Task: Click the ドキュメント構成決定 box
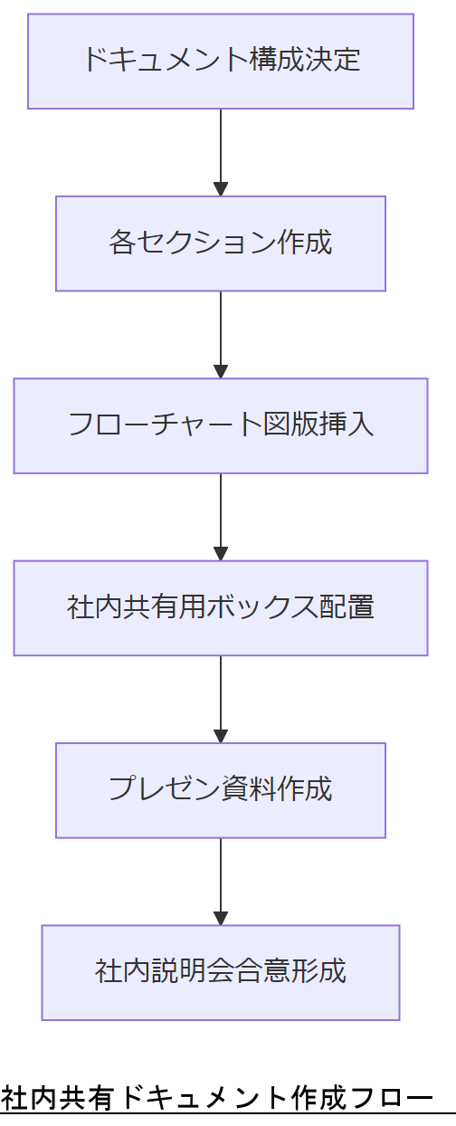pyautogui.click(x=221, y=61)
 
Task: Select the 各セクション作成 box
pyautogui.click(x=221, y=243)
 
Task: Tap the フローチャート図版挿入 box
pyautogui.click(x=221, y=425)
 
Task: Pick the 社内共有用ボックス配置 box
pyautogui.click(x=221, y=608)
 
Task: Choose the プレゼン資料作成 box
pyautogui.click(x=221, y=790)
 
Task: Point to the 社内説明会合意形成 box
pyautogui.click(x=221, y=972)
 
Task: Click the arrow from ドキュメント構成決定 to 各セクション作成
pyautogui.click(x=221, y=149)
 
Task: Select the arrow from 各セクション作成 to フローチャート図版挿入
pyautogui.click(x=221, y=332)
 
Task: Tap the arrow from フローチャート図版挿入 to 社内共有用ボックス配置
pyautogui.click(x=221, y=514)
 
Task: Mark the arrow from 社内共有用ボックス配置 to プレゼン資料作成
pyautogui.click(x=221, y=697)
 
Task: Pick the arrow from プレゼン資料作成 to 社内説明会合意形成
pyautogui.click(x=221, y=879)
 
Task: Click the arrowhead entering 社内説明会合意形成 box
pyautogui.click(x=221, y=918)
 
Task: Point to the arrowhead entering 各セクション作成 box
pyautogui.click(x=221, y=189)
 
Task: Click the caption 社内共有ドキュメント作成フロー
pyautogui.click(x=217, y=1098)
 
